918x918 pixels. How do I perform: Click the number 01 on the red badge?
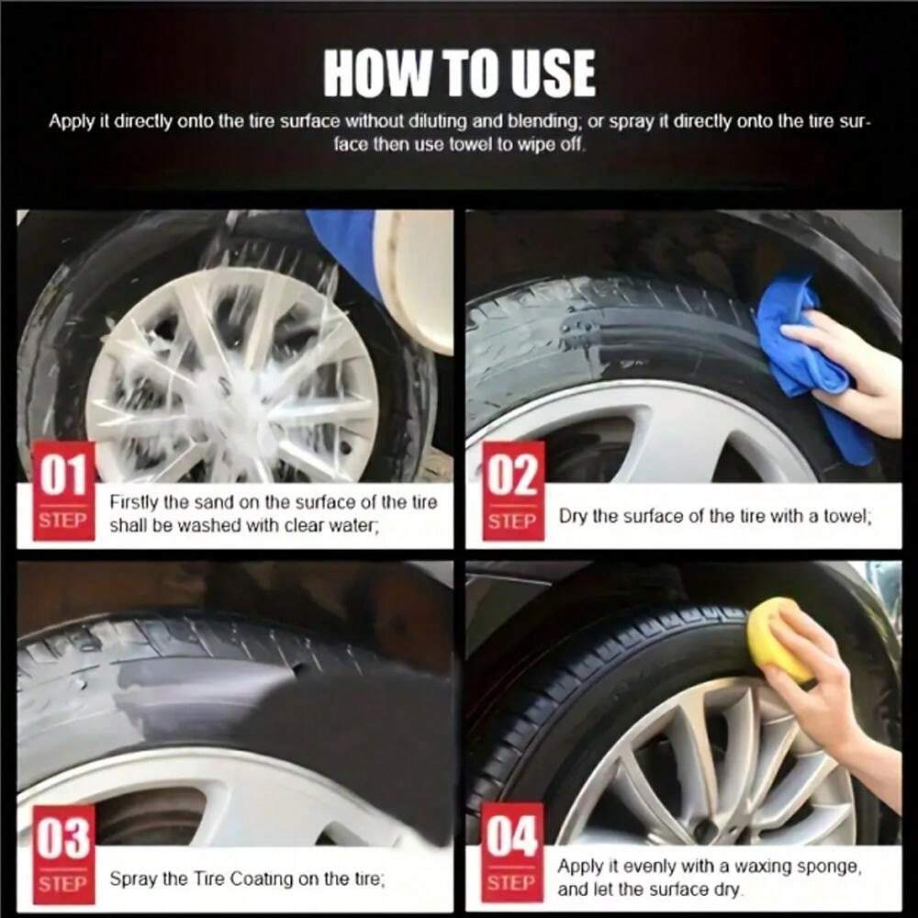pos(63,475)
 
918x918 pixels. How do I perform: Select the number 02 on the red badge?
pos(513,475)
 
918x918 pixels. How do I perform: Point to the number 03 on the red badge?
pos(63,838)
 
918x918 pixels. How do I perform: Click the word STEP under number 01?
pos(63,520)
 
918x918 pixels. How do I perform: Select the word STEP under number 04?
pos(511,882)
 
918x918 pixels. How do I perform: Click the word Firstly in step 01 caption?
pos(133,503)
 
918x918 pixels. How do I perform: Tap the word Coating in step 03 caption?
pos(261,879)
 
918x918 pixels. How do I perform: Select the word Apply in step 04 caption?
pos(579,867)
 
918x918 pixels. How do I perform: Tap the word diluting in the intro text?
pos(435,121)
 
